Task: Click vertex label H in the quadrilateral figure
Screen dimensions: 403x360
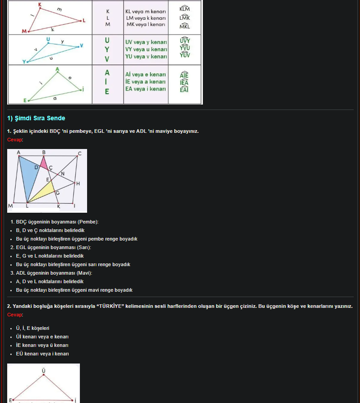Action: [x=78, y=184]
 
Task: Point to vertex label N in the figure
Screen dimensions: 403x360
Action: [x=62, y=174]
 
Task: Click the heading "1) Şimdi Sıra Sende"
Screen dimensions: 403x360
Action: [x=36, y=118]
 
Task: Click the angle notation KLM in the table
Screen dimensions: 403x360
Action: [x=184, y=9]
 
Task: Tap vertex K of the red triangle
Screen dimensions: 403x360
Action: [x=40, y=5]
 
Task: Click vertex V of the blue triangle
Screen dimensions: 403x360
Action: [x=81, y=45]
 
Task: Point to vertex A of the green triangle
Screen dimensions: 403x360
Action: [x=57, y=69]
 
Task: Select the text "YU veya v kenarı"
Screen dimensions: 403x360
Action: [x=146, y=57]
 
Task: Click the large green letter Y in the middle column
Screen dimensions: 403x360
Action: [x=107, y=49]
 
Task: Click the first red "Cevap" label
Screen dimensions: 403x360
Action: [x=14, y=140]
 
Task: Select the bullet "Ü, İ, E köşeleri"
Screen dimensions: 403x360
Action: [x=32, y=328]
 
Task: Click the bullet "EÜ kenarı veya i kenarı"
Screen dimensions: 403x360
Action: [x=42, y=354]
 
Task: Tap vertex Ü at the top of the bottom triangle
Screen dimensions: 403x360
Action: [x=44, y=370]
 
